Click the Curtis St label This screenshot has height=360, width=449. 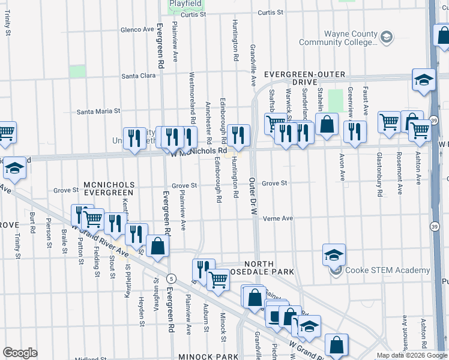(x=270, y=12)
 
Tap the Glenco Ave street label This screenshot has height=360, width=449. (x=137, y=29)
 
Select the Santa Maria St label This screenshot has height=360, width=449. (x=98, y=111)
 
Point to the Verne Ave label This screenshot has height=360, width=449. (x=277, y=218)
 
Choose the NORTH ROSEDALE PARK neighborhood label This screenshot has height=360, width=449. (x=268, y=268)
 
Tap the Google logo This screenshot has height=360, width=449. (x=20, y=353)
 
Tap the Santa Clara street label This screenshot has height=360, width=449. (x=139, y=76)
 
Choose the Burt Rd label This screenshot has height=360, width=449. (x=32, y=221)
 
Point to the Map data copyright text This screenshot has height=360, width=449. (x=411, y=355)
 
